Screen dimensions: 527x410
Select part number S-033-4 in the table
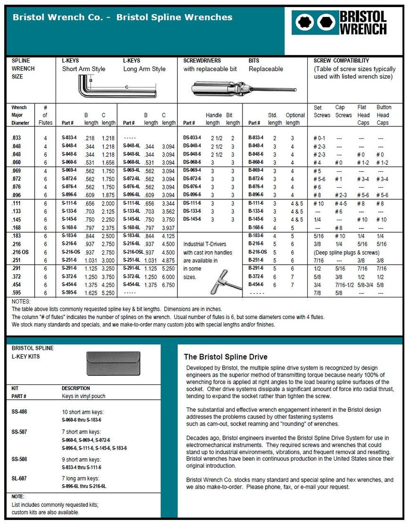pyautogui.click(x=69, y=138)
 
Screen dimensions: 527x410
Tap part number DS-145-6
pyautogui.click(x=192, y=219)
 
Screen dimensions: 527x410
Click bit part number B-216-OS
pyautogui.click(x=257, y=252)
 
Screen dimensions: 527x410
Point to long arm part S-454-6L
pyautogui.click(x=132, y=284)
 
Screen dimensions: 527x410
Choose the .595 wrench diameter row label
pyautogui.click(x=17, y=293)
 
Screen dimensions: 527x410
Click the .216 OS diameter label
pyautogui.click(x=20, y=252)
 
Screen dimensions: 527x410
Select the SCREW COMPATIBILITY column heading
pyautogui.click(x=341, y=61)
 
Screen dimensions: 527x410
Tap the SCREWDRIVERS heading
pyautogui.click(x=202, y=61)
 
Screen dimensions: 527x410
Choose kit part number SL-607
pyautogui.click(x=19, y=478)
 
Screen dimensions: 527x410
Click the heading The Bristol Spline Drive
pyautogui.click(x=225, y=357)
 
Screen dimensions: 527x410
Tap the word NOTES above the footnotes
pyautogui.click(x=21, y=301)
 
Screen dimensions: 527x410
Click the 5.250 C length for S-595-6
pyautogui.click(x=108, y=293)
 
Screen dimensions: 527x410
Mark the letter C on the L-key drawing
pyautogui.click(x=127, y=87)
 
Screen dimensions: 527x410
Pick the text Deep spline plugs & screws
pyautogui.click(x=346, y=252)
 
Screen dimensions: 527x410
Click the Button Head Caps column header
pyautogui.click(x=384, y=115)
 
